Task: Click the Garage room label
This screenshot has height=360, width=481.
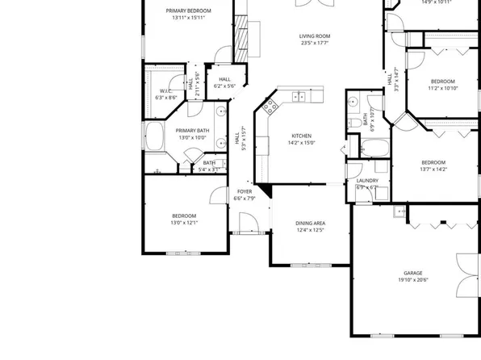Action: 413,274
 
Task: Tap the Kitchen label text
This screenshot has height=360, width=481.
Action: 300,136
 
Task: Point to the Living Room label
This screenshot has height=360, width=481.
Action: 315,36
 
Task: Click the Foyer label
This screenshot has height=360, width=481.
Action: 244,190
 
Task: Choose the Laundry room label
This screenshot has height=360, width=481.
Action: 367,181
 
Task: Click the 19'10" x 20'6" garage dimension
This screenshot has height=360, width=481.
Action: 413,281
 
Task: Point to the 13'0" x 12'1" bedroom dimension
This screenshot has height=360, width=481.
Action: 185,223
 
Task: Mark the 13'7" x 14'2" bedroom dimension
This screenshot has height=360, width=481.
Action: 433,170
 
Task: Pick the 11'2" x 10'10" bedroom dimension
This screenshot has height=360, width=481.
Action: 442,88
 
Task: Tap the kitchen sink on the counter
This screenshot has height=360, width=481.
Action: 298,96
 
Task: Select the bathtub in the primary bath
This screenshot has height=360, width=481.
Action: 154,136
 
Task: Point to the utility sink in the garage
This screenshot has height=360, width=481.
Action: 399,212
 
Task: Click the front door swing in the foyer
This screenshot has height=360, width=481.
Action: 251,221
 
